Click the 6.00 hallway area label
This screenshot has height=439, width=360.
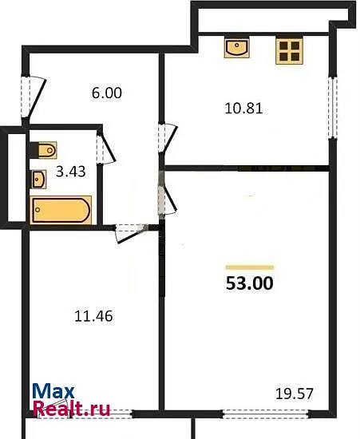[107, 93]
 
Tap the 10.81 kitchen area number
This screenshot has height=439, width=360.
[243, 109]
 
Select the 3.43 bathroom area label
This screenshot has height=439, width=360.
[70, 172]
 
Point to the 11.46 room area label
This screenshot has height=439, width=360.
[93, 316]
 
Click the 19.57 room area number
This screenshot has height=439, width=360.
[295, 394]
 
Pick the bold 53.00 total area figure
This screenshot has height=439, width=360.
[249, 283]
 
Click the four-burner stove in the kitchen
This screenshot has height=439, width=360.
[290, 51]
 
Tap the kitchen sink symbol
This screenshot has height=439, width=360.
[236, 48]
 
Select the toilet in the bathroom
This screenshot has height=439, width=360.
[43, 150]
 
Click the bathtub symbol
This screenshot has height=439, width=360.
[61, 210]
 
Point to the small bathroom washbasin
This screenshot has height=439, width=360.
[38, 179]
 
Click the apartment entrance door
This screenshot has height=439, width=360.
[33, 97]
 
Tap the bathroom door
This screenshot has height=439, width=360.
[105, 149]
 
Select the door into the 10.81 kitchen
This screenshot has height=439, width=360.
[167, 139]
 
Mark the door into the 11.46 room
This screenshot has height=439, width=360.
[130, 232]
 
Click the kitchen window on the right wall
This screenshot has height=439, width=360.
[333, 108]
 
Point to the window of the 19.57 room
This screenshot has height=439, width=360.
[266, 413]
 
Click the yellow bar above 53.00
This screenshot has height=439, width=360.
[250, 267]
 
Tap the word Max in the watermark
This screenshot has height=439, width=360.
[53, 391]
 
